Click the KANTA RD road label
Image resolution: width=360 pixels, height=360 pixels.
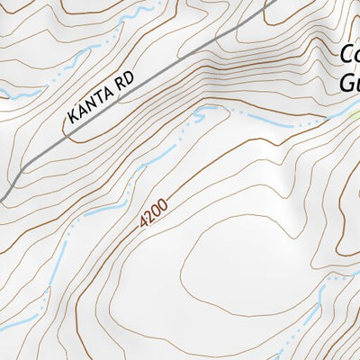100,99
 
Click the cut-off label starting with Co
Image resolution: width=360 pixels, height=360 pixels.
349,56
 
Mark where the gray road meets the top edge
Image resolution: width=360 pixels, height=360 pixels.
273,2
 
